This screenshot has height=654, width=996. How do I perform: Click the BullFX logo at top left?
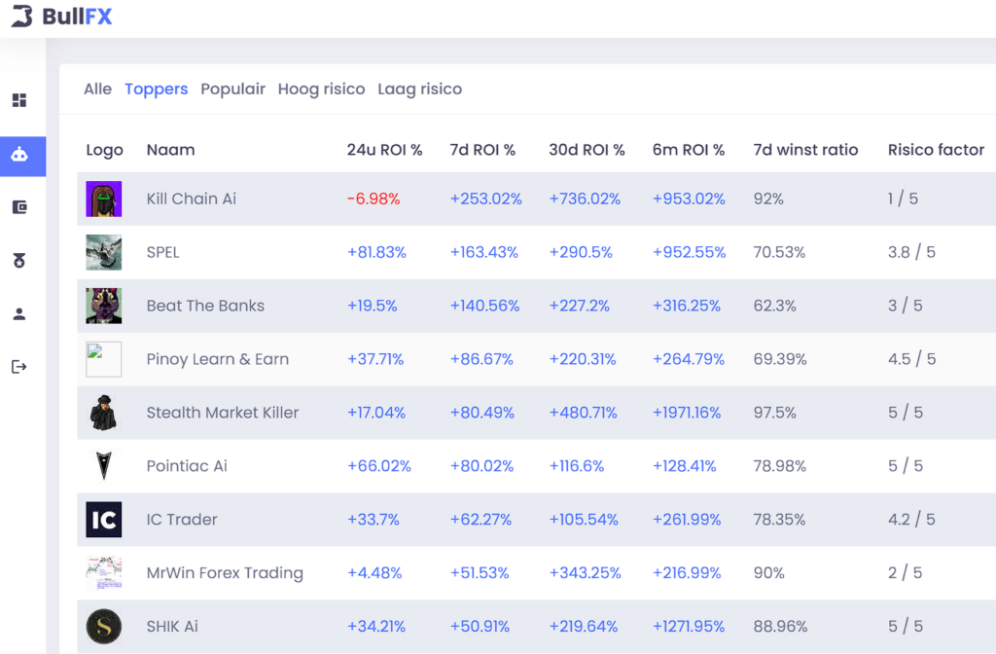pyautogui.click(x=62, y=17)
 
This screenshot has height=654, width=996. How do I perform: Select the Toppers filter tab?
pyautogui.click(x=156, y=89)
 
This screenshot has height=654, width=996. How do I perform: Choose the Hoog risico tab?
pyautogui.click(x=321, y=89)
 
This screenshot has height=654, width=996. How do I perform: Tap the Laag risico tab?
pyautogui.click(x=419, y=89)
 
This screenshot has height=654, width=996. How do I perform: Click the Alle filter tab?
pyautogui.click(x=97, y=89)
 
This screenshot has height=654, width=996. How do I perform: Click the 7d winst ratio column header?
pyautogui.click(x=805, y=150)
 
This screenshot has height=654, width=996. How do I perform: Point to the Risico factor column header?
pyautogui.click(x=936, y=150)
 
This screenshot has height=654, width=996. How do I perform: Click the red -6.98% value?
pyautogui.click(x=373, y=199)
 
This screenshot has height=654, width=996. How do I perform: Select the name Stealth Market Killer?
pyautogui.click(x=223, y=413)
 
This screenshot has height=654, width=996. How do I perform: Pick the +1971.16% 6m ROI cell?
pyautogui.click(x=687, y=413)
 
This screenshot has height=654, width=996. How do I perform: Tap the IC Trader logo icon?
pyautogui.click(x=103, y=520)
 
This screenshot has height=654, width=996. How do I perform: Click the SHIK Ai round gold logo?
pyautogui.click(x=103, y=626)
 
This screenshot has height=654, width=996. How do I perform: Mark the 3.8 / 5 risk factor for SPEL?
pyautogui.click(x=911, y=252)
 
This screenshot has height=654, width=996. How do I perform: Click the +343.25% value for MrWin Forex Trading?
pyautogui.click(x=585, y=573)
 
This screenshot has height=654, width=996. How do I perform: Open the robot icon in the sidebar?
pyautogui.click(x=19, y=155)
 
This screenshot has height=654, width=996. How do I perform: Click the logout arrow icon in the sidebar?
pyautogui.click(x=19, y=367)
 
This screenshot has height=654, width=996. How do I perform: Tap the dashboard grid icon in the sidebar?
pyautogui.click(x=19, y=101)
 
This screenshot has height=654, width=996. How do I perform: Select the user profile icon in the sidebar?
pyautogui.click(x=19, y=314)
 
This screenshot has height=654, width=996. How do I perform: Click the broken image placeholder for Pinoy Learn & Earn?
pyautogui.click(x=103, y=359)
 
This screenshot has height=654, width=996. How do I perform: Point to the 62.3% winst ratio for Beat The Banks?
pyautogui.click(x=774, y=306)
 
